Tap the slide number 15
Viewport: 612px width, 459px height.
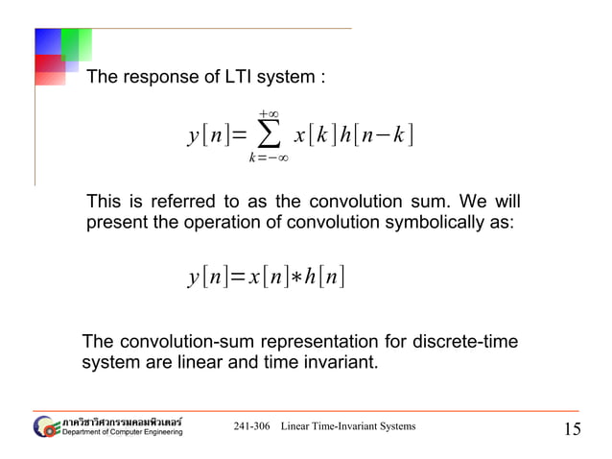pos(572,429)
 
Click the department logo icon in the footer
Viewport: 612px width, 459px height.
pos(46,427)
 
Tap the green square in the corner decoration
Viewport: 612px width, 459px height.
pos(76,43)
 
